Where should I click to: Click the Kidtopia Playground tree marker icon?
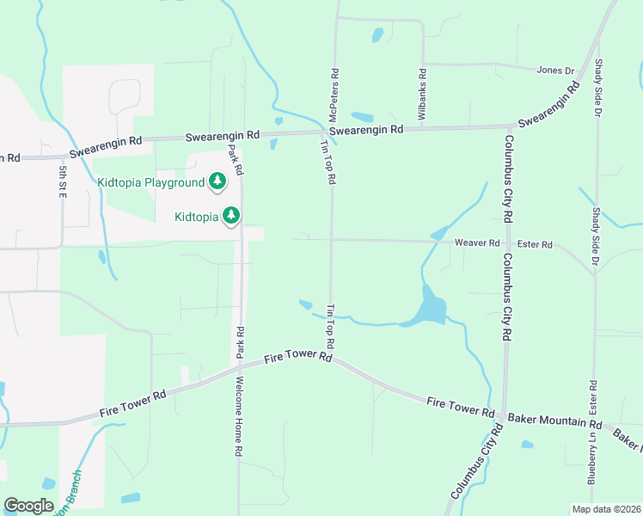218,181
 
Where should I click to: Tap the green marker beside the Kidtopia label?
230,215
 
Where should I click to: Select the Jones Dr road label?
554,71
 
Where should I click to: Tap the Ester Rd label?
535,244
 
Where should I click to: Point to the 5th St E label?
63,183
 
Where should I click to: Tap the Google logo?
28,506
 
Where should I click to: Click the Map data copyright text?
605,508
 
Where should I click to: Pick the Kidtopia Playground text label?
150,182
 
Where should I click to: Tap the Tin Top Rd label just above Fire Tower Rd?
330,325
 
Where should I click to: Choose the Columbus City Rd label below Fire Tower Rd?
473,473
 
